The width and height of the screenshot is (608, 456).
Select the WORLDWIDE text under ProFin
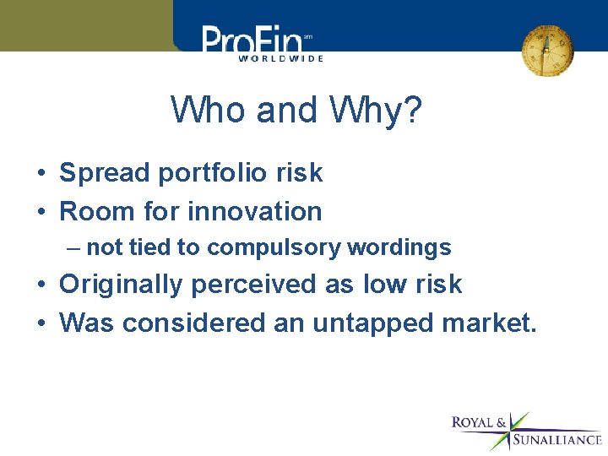pos(280,58)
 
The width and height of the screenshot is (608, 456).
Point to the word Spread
pos(105,173)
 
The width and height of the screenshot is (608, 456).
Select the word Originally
pos(121,285)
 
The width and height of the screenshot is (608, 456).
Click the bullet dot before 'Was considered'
pos(41,323)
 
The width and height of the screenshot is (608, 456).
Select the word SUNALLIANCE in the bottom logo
pos(557,440)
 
